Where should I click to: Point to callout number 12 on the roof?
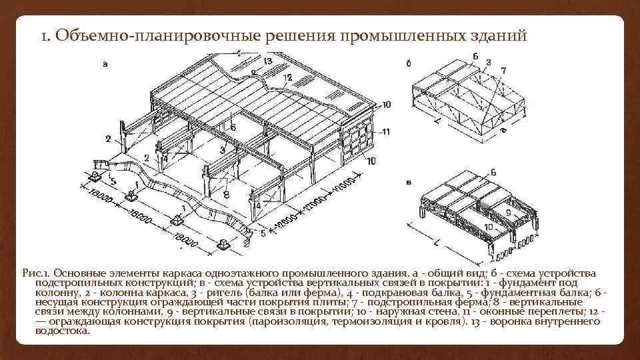point(287,78)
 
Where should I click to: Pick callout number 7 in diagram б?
point(503,69)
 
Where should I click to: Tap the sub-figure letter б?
point(409,64)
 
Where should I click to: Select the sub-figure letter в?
point(409,181)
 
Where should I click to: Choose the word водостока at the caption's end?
point(63,331)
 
